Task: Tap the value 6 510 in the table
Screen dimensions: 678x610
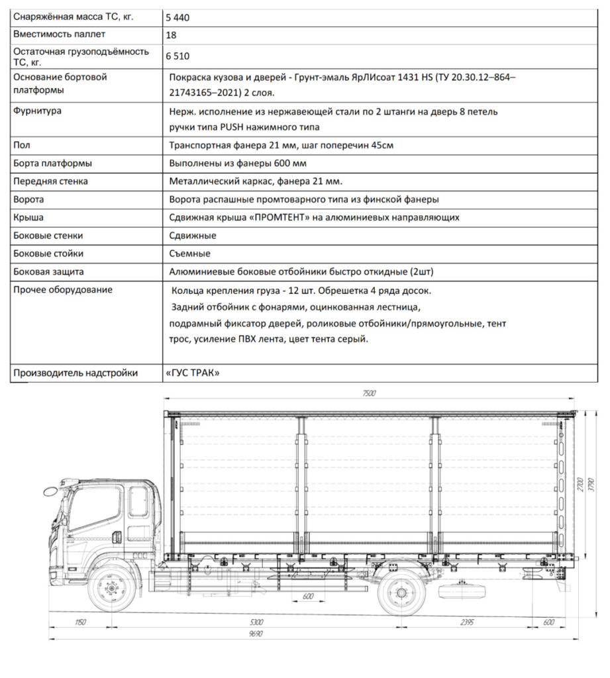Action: (178, 58)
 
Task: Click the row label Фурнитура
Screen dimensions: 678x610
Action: (38, 111)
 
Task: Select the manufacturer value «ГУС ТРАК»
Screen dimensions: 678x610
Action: (192, 373)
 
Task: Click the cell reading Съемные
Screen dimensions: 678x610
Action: (190, 254)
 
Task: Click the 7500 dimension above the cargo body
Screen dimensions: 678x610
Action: (369, 394)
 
